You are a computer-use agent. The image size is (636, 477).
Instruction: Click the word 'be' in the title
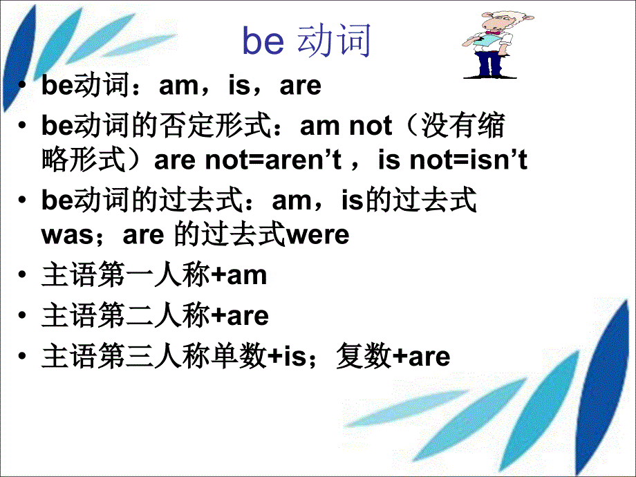pos(263,41)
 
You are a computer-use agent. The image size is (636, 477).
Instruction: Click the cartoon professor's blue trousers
pos(489,62)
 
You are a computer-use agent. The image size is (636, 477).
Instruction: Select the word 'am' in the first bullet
pos(178,86)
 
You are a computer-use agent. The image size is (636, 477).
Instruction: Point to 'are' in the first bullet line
pos(301,86)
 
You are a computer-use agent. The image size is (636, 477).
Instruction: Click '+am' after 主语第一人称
pos(238,276)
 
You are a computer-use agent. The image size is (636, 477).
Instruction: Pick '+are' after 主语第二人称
pos(239,316)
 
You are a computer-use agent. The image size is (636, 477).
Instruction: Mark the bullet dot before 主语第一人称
pos(25,276)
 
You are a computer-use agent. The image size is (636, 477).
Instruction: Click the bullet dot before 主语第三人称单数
pos(25,357)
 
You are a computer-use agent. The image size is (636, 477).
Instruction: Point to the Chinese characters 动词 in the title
pos(334,41)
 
